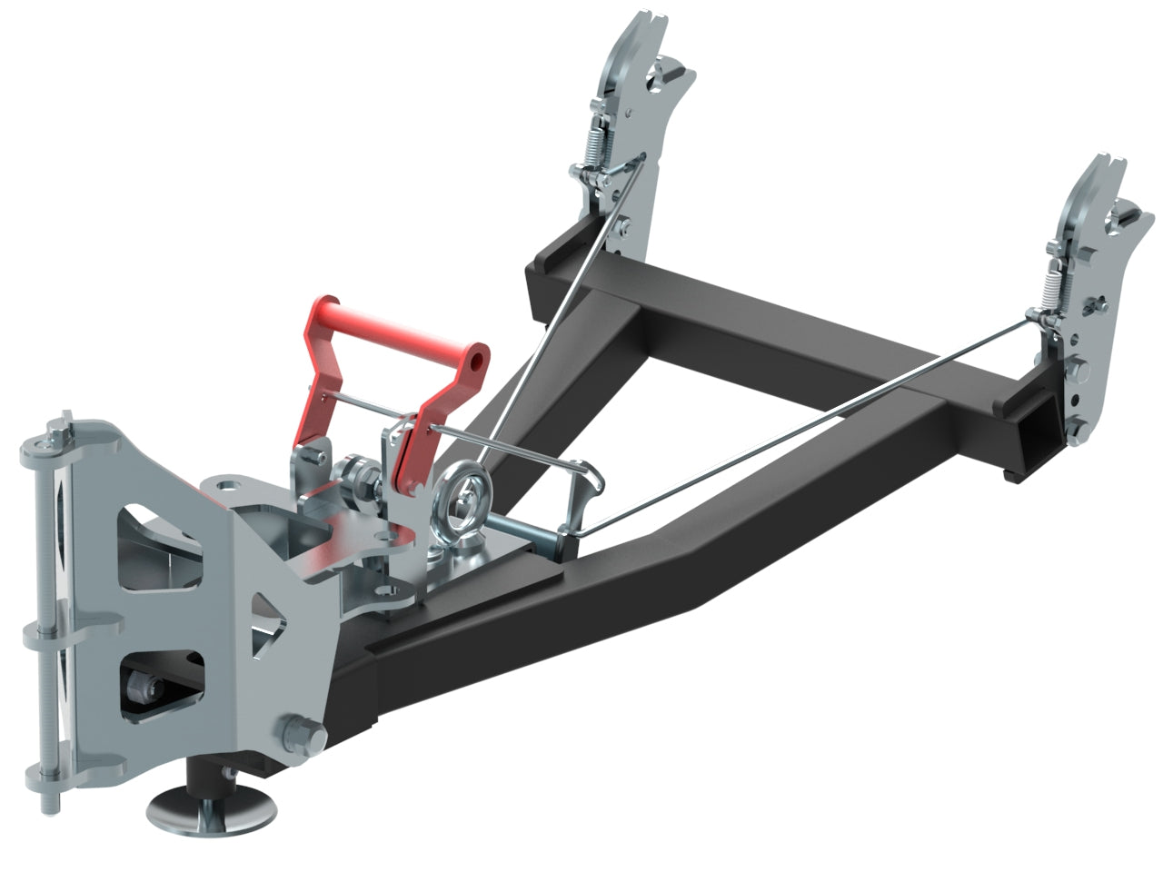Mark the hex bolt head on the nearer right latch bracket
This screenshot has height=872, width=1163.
pos(1080,373)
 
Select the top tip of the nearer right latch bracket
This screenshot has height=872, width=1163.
pos(1103,163)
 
